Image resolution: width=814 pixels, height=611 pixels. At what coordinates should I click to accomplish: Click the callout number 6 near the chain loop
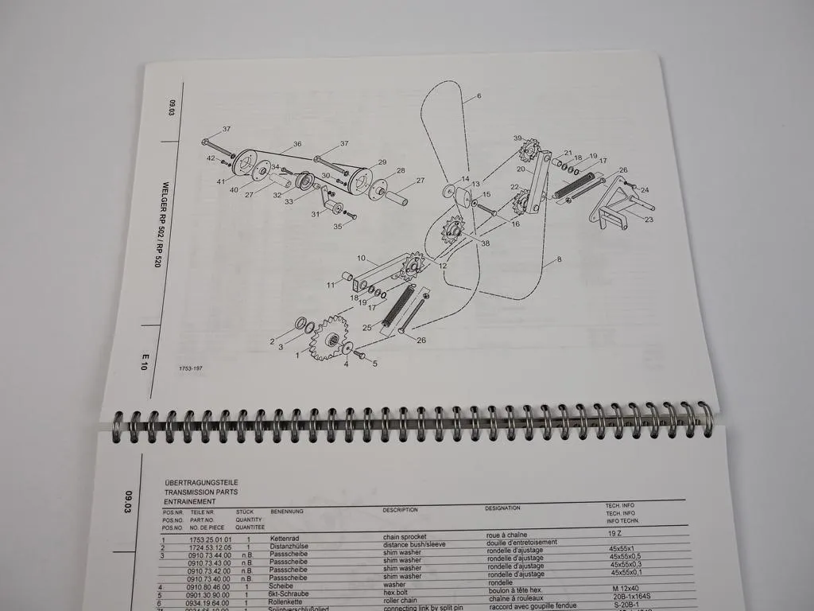click(x=479, y=97)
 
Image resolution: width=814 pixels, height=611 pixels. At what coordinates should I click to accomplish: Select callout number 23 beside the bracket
click(x=649, y=220)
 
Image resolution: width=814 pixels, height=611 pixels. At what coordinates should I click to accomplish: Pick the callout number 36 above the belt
click(x=297, y=144)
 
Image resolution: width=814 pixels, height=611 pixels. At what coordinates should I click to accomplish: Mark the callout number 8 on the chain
click(x=559, y=259)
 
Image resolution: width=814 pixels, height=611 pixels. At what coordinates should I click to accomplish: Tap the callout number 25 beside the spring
click(x=366, y=328)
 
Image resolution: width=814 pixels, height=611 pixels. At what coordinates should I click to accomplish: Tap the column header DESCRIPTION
click(x=400, y=510)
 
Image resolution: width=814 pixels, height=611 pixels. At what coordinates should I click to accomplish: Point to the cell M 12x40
click(x=626, y=588)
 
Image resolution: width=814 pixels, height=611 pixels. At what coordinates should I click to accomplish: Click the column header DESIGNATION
click(x=502, y=508)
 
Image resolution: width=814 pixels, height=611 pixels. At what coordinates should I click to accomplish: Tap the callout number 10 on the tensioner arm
click(x=360, y=259)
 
